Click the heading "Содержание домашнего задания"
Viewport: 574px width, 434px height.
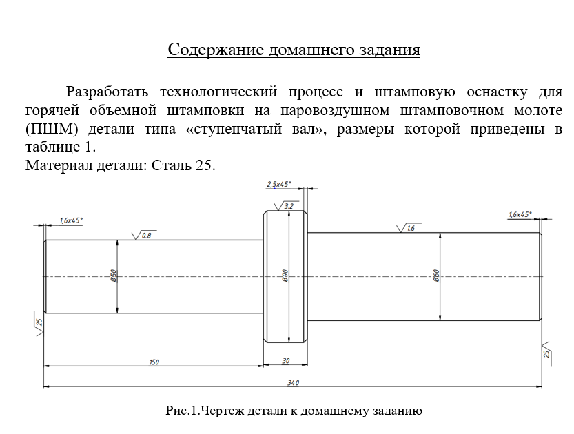[x=294, y=50]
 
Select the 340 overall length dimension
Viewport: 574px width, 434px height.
[x=292, y=383]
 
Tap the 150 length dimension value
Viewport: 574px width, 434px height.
[x=154, y=362]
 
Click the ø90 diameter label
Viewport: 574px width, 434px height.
[x=285, y=276]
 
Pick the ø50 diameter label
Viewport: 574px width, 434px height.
[x=113, y=276]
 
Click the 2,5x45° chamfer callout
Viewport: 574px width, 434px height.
[x=278, y=184]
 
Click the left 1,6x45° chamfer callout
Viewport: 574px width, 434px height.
[x=71, y=220]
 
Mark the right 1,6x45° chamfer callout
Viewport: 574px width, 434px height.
[x=520, y=214]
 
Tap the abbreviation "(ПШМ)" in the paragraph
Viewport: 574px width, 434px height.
[x=48, y=129]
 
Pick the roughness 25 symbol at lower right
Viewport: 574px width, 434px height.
[x=548, y=351]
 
